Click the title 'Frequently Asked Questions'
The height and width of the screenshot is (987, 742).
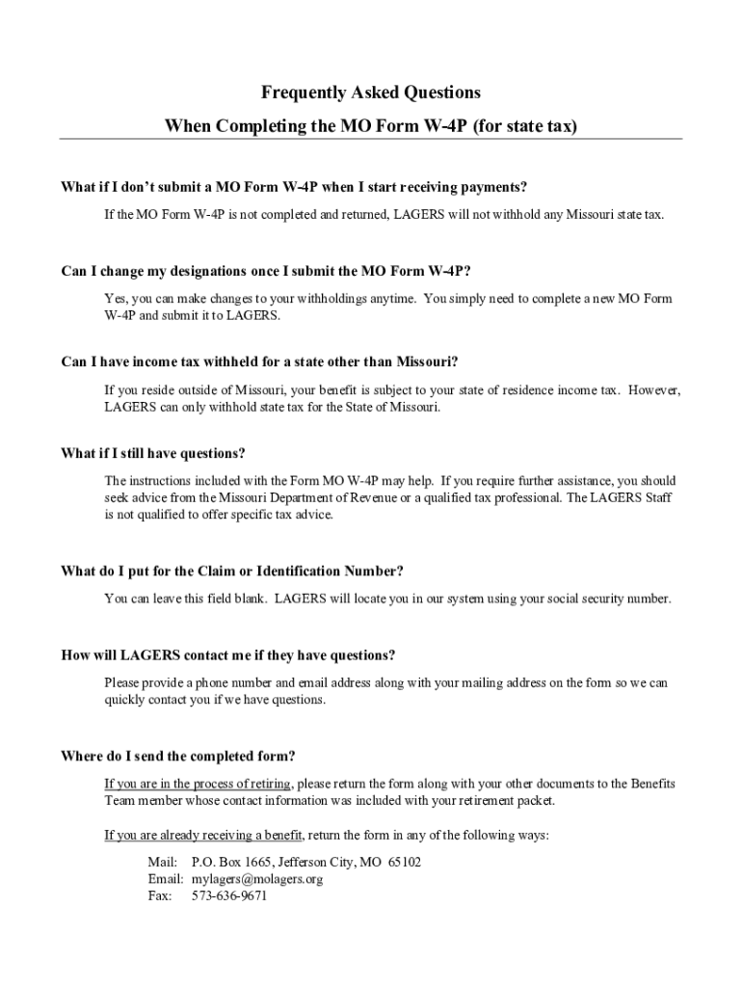[370, 93]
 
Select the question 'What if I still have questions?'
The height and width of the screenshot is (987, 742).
[153, 453]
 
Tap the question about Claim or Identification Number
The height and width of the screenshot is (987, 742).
[232, 571]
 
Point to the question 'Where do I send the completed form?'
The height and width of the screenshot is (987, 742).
[177, 756]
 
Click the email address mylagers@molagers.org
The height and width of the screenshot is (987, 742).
[257, 879]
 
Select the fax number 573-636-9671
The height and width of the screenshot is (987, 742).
[229, 896]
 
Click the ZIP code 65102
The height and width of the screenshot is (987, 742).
[404, 862]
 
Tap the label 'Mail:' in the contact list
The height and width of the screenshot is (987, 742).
[162, 862]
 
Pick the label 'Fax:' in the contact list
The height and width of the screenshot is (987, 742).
[160, 896]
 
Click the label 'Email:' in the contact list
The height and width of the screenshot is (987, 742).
[165, 879]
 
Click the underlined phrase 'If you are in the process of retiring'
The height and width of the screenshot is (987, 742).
[198, 784]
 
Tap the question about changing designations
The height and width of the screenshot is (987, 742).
[266, 271]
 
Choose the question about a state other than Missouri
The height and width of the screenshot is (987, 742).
[259, 362]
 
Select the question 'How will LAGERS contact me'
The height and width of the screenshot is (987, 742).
[228, 655]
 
